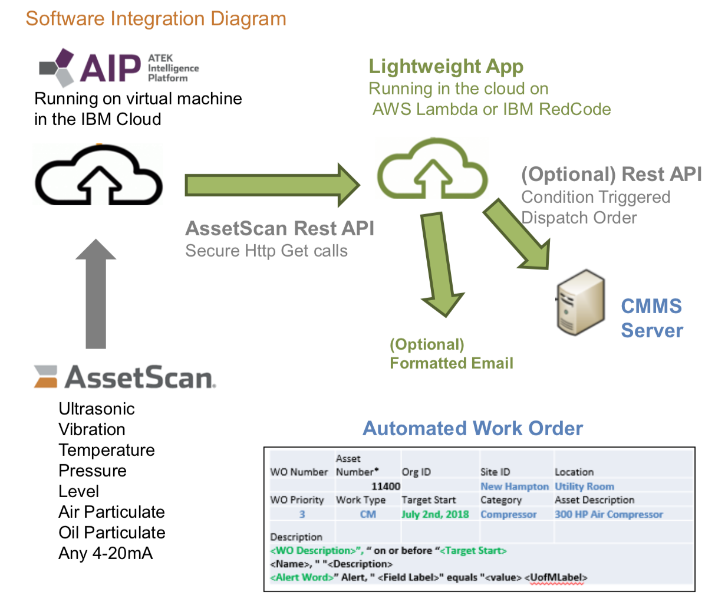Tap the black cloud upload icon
pyautogui.click(x=98, y=175)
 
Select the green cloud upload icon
pyautogui.click(x=433, y=169)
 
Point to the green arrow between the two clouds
pyautogui.click(x=271, y=185)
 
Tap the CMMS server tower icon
pyautogui.click(x=581, y=307)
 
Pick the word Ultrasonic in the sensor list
pyautogui.click(x=97, y=409)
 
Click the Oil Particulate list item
pyautogui.click(x=112, y=533)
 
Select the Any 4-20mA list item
pyautogui.click(x=106, y=553)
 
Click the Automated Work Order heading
pyautogui.click(x=473, y=428)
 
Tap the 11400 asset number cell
pyautogui.click(x=386, y=487)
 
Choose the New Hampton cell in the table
pyautogui.click(x=514, y=487)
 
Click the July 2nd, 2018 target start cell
pyautogui.click(x=435, y=514)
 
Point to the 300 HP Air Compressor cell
pyautogui.click(x=608, y=514)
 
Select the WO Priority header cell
pyautogui.click(x=297, y=500)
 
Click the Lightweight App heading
pyautogui.click(x=446, y=67)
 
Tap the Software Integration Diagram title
pyautogui.click(x=156, y=18)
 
